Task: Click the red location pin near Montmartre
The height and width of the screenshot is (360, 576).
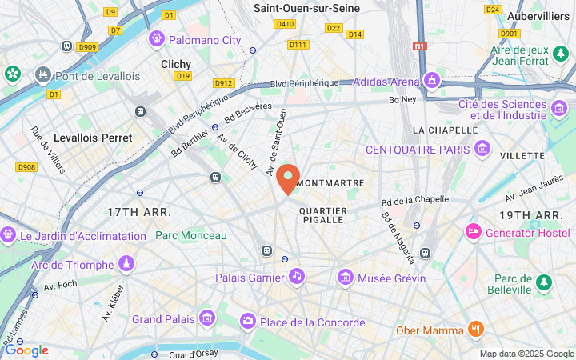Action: coord(288,178)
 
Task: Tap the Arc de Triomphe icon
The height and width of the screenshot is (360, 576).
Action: coord(126,263)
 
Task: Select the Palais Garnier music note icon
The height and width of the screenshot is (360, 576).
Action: coord(297,277)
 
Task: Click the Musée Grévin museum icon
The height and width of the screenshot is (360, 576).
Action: coord(346,277)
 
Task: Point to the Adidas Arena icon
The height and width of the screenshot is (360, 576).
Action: coord(432,81)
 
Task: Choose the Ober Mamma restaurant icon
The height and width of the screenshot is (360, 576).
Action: coord(476,330)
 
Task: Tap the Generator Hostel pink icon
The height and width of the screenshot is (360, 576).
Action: coord(473,232)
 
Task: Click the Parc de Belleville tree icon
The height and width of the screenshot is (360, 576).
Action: coord(544,282)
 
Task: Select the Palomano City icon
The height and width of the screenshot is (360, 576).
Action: coord(156,38)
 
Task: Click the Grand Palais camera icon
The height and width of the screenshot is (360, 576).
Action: coord(207,318)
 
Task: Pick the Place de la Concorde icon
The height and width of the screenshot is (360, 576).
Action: coord(248,322)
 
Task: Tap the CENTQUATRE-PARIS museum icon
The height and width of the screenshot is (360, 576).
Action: coord(482,149)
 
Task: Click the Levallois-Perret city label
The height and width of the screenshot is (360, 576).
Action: coord(93,138)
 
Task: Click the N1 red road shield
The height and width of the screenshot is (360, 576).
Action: coord(420,46)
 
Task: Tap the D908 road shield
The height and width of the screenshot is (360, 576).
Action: coord(26,166)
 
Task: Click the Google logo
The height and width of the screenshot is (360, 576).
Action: coord(26,350)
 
